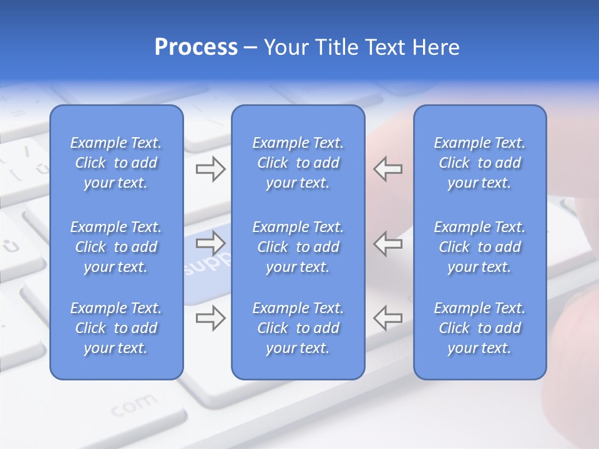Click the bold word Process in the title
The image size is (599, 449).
click(x=196, y=47)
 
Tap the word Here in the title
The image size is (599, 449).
click(x=436, y=47)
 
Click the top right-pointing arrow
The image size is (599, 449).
click(x=210, y=169)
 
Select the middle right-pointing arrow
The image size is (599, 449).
click(x=210, y=241)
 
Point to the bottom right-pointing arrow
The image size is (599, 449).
click(x=210, y=317)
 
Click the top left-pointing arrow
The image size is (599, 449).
click(x=388, y=169)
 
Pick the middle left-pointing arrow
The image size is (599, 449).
click(x=388, y=243)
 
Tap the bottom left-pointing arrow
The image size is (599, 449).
click(x=388, y=317)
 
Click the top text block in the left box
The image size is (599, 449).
click(x=116, y=163)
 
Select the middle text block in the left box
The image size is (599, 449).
click(x=116, y=247)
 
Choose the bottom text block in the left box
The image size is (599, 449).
click(x=116, y=328)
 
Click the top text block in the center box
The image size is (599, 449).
click(x=298, y=163)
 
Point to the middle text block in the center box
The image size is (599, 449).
click(x=298, y=247)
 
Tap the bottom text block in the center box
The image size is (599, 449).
click(x=298, y=328)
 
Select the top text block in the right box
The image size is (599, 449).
click(x=480, y=163)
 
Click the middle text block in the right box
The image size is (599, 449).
click(x=480, y=247)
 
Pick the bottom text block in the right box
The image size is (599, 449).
click(x=480, y=328)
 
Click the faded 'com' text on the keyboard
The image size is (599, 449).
click(x=134, y=405)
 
